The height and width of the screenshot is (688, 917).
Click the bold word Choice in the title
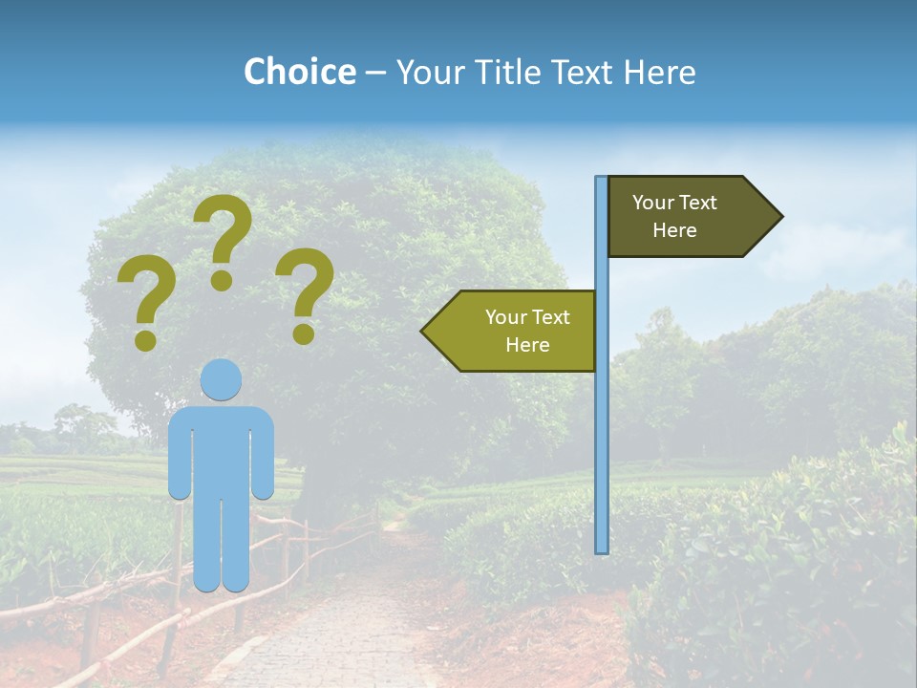click(299, 72)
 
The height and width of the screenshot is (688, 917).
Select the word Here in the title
click(659, 72)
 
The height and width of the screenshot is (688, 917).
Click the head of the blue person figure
click(221, 379)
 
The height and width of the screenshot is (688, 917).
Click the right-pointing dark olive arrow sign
click(688, 217)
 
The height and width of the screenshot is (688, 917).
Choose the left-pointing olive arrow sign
click(516, 331)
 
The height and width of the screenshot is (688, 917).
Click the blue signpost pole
click(602, 430)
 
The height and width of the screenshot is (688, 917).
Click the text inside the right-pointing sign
click(674, 216)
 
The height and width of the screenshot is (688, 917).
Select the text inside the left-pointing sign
click(527, 331)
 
